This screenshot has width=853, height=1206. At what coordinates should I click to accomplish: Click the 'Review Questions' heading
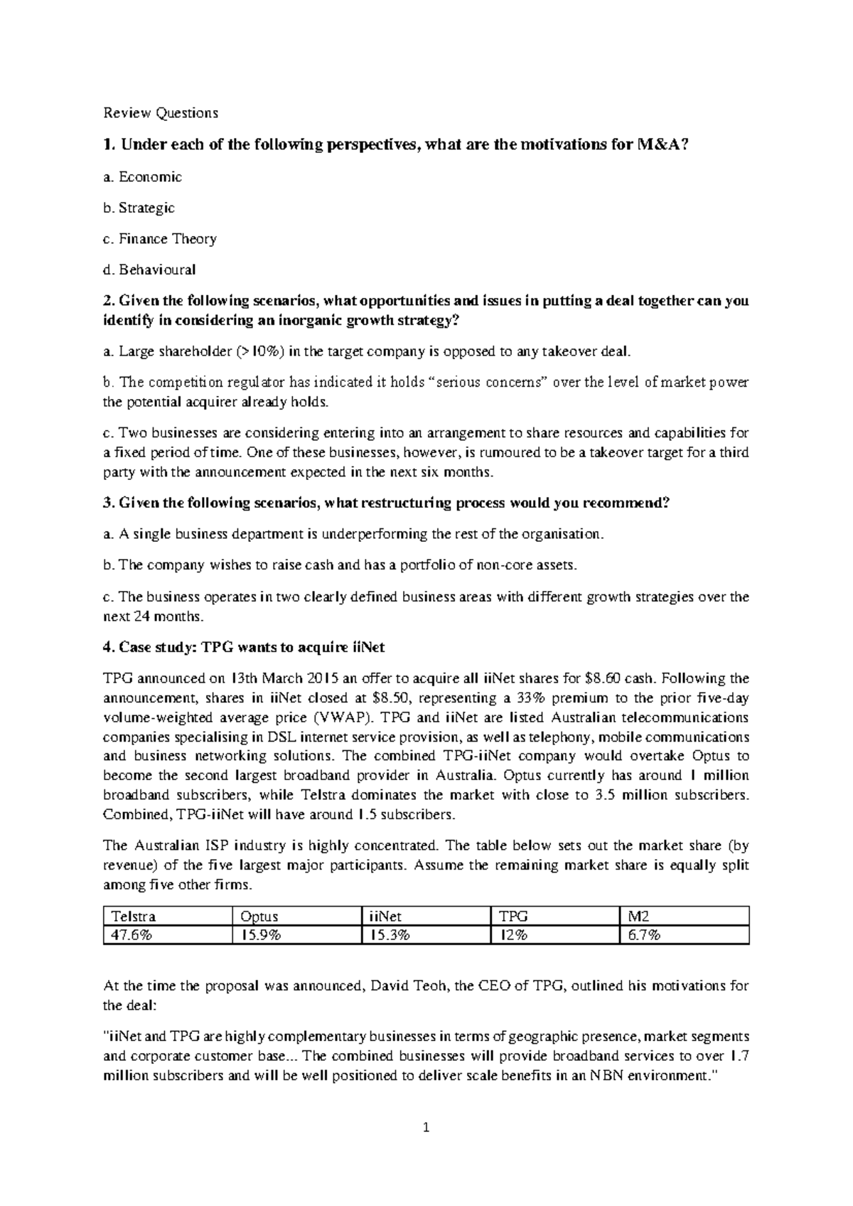pos(161,112)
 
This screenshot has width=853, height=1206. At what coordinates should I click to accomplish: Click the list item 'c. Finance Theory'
pos(160,239)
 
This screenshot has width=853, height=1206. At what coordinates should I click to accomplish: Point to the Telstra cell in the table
pos(131,916)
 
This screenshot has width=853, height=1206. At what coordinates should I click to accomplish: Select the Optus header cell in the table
pos(259,916)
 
